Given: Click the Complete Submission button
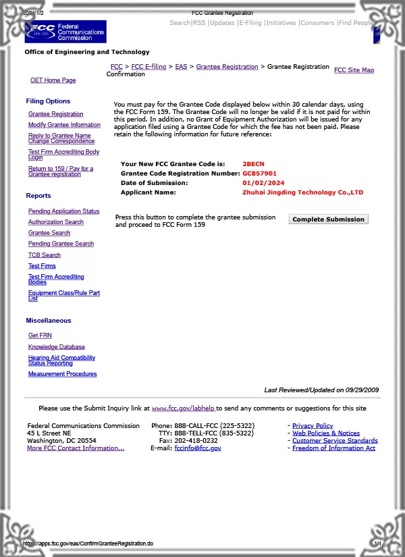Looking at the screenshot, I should pyautogui.click(x=328, y=219).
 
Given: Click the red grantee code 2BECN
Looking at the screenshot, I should pyautogui.click(x=254, y=164).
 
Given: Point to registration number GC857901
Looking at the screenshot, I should pyautogui.click(x=259, y=174).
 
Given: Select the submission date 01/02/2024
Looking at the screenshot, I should pyautogui.click(x=263, y=183).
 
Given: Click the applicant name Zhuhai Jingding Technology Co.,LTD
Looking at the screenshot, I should pyautogui.click(x=302, y=192).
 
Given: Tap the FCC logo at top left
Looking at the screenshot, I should pyautogui.click(x=65, y=31).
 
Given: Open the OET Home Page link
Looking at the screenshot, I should pyautogui.click(x=53, y=80).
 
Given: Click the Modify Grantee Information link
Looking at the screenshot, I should pyautogui.click(x=64, y=125).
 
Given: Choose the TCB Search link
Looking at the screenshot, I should pyautogui.click(x=45, y=255).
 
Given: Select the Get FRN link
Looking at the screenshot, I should pyautogui.click(x=40, y=336).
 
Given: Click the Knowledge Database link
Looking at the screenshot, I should pyautogui.click(x=57, y=347).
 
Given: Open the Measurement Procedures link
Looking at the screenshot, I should pyautogui.click(x=62, y=374).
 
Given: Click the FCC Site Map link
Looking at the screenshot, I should pyautogui.click(x=354, y=70).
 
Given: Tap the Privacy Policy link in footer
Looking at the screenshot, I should pyautogui.click(x=312, y=426).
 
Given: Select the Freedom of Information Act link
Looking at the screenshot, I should pyautogui.click(x=333, y=448).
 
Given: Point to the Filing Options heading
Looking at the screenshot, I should pyautogui.click(x=48, y=101).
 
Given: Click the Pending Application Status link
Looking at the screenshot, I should pyautogui.click(x=63, y=211).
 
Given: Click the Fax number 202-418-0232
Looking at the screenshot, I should pyautogui.click(x=196, y=441).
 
